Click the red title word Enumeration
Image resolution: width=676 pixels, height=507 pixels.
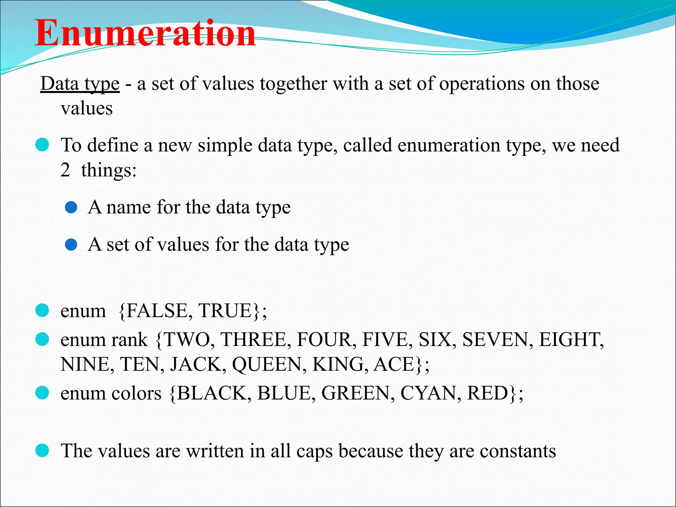click(145, 33)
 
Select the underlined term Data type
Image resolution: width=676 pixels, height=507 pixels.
click(80, 83)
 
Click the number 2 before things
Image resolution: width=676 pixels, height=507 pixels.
click(65, 170)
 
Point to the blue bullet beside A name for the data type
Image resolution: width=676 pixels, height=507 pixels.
click(71, 208)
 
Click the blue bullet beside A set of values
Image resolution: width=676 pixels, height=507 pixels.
click(71, 245)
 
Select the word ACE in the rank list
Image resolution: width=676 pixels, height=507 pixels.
click(394, 364)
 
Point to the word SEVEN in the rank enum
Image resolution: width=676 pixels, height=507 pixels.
click(495, 340)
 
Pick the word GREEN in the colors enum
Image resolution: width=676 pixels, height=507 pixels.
click(356, 393)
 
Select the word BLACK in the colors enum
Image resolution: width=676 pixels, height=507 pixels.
click(211, 393)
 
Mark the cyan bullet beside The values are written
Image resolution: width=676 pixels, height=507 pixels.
click(42, 451)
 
